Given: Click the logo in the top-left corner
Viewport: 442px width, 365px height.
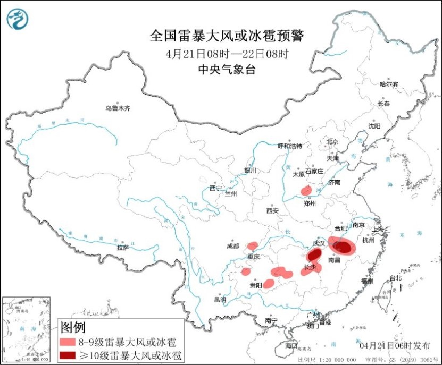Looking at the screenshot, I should (18, 20).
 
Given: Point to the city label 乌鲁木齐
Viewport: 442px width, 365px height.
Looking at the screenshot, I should (117, 108).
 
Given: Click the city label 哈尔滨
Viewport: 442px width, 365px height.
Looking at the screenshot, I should (388, 84).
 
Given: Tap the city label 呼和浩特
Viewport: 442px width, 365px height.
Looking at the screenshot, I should (290, 146).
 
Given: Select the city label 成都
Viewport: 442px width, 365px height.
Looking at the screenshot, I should (233, 246).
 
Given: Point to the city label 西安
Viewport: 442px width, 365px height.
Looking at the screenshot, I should (272, 211).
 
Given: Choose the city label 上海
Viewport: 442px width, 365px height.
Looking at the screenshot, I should (379, 230).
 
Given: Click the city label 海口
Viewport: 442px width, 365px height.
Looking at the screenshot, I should (291, 346).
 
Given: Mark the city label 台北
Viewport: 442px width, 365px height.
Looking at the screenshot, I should (396, 278).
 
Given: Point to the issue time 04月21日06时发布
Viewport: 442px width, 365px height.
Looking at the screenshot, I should (395, 345).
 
